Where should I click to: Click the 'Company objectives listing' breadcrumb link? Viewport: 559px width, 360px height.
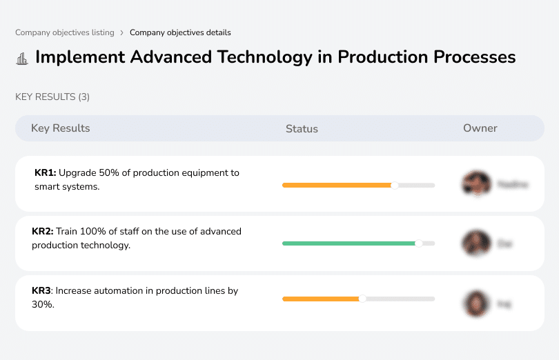(65, 32)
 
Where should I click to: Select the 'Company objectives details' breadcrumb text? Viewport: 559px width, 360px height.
(180, 32)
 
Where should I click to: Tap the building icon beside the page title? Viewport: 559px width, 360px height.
(22, 58)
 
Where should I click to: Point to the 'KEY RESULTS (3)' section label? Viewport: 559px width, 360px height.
(52, 97)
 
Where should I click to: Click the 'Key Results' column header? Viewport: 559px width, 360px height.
(60, 128)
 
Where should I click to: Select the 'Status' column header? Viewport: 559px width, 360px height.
(302, 129)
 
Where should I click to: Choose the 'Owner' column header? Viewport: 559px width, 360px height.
(480, 128)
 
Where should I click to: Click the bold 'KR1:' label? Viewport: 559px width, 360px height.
(45, 173)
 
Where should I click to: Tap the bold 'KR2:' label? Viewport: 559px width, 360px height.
(43, 232)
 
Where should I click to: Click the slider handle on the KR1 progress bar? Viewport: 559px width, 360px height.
(395, 185)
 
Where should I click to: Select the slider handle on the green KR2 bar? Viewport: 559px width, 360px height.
(418, 243)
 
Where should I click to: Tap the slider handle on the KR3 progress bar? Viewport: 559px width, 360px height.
(362, 299)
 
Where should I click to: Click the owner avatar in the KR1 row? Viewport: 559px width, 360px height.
(475, 184)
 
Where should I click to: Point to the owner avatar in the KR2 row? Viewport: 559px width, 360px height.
(475, 243)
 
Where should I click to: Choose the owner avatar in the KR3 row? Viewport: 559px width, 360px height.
(475, 303)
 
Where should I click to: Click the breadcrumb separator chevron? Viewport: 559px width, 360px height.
(121, 32)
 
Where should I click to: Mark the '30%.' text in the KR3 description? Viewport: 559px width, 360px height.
(43, 304)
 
